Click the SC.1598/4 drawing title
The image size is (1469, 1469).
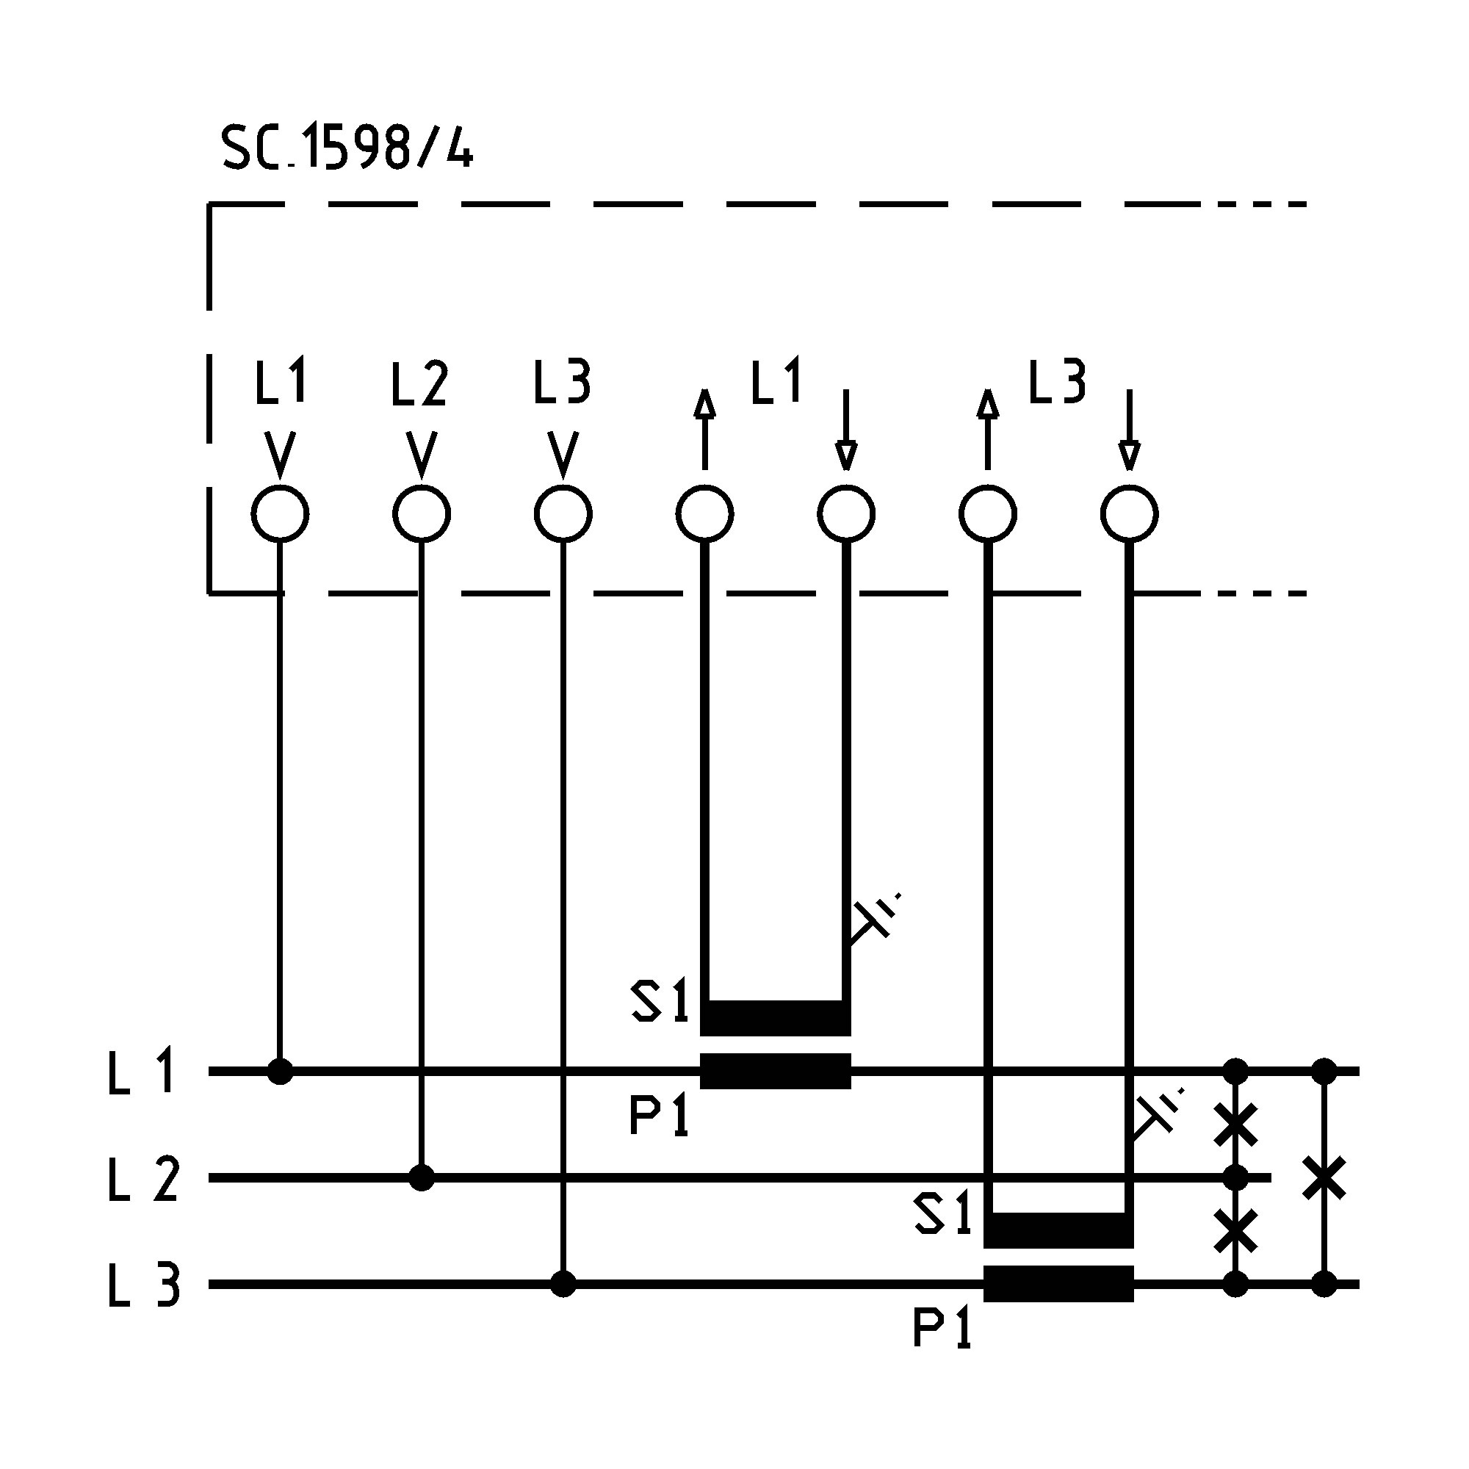pyautogui.click(x=347, y=148)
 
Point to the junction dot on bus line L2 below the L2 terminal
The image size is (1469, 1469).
pyautogui.click(x=422, y=1178)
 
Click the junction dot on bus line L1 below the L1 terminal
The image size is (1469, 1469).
pyautogui.click(x=280, y=1072)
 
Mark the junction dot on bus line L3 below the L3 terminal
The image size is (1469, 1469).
pyautogui.click(x=563, y=1284)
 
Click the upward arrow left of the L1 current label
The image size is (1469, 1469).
pyautogui.click(x=705, y=430)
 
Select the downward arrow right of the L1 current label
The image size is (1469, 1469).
pyautogui.click(x=845, y=430)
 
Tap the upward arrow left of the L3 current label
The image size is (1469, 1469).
pyautogui.click(x=988, y=430)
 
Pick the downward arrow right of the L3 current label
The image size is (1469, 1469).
pyautogui.click(x=1129, y=430)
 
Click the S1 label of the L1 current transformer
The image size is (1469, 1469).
pyautogui.click(x=660, y=1001)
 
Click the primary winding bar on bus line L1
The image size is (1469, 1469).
pyautogui.click(x=775, y=1072)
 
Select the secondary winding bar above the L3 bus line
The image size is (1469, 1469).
pyautogui.click(x=1058, y=1231)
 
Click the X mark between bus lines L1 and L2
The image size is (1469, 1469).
pyautogui.click(x=1235, y=1125)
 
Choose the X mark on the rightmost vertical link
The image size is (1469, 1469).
pyautogui.click(x=1324, y=1178)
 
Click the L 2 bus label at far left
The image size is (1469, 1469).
pyautogui.click(x=143, y=1180)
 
